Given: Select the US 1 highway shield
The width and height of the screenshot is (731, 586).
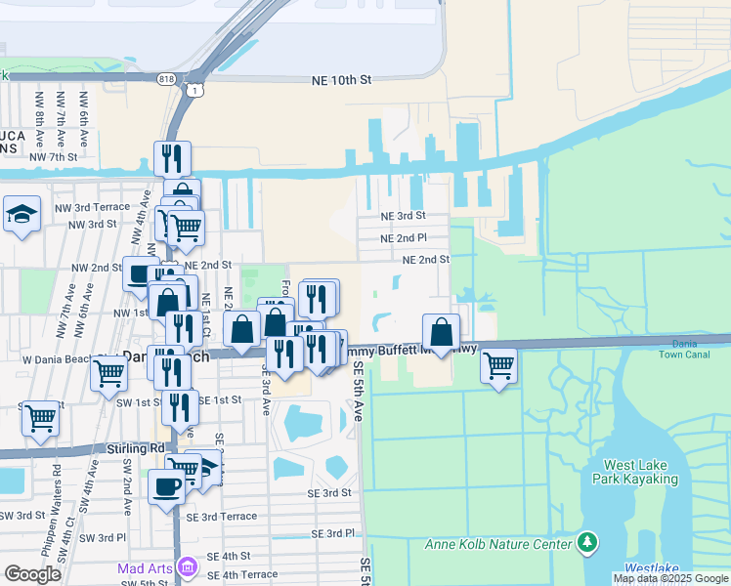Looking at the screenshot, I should click(197, 91).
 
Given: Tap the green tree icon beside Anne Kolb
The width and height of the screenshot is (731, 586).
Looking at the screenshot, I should click(586, 541).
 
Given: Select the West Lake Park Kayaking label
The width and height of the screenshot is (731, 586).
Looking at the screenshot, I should click(641, 472).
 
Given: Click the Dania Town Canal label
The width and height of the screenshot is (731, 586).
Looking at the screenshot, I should click(698, 349).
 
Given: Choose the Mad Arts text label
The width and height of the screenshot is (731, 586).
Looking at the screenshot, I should click(144, 567).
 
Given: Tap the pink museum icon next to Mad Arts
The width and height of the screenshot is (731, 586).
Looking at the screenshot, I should click(189, 567).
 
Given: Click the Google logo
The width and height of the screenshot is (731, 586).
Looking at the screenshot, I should click(33, 574).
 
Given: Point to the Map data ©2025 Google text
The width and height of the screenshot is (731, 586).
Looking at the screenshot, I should click(669, 578).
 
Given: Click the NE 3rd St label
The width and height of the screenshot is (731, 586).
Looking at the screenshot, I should click(403, 216).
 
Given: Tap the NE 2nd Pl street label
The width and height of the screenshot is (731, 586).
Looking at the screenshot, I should click(403, 237).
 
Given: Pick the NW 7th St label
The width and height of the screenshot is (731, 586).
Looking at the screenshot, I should click(53, 156).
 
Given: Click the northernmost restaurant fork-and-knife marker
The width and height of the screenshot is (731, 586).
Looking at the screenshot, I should click(172, 156).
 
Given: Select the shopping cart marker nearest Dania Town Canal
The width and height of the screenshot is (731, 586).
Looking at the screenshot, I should click(499, 365).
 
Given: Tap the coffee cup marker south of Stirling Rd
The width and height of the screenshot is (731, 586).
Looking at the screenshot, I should click(166, 485).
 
